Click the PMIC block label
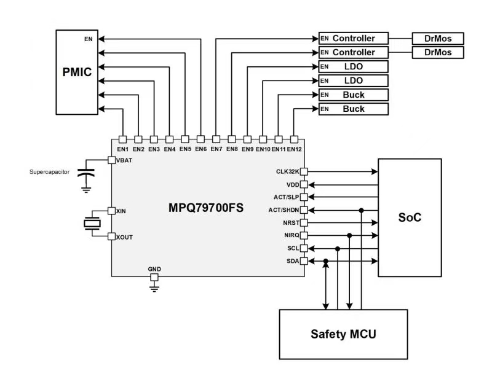pyautogui.click(x=77, y=72)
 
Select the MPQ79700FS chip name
pyautogui.click(x=206, y=208)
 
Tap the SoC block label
pyautogui.click(x=410, y=217)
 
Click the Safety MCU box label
pyautogui.click(x=343, y=334)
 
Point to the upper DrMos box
pyautogui.click(x=437, y=38)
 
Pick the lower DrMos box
pyautogui.click(x=437, y=52)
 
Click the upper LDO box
pyautogui.click(x=353, y=66)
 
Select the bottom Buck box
pyautogui.click(x=353, y=109)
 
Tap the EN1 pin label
pyautogui.click(x=122, y=149)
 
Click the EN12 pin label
pyautogui.click(x=295, y=149)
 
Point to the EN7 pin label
pyautogui.click(x=216, y=149)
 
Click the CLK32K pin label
pyautogui.click(x=287, y=171)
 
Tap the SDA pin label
pyautogui.click(x=292, y=261)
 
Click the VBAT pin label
pyautogui.click(x=125, y=160)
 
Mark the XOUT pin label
pyautogui.click(x=125, y=236)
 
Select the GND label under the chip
pyautogui.click(x=154, y=270)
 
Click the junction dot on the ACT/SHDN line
pyautogui.click(x=362, y=209)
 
